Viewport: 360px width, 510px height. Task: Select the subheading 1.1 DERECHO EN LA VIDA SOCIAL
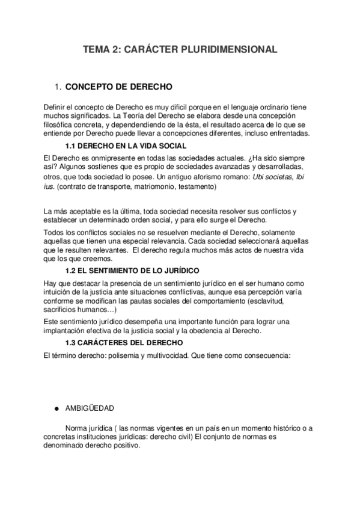click(126, 146)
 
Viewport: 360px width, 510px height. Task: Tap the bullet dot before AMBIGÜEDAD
click(56, 408)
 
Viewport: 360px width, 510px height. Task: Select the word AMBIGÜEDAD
click(90, 408)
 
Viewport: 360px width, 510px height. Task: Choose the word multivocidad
click(161, 355)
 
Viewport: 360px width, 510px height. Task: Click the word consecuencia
click(267, 355)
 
